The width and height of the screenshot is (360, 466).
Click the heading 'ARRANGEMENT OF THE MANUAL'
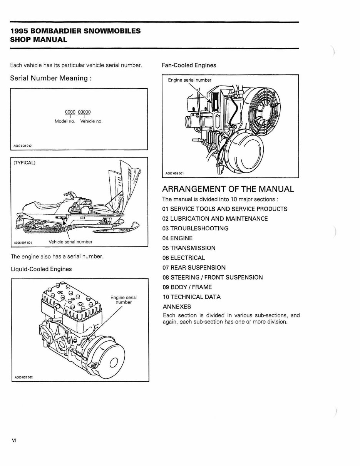pos(228,189)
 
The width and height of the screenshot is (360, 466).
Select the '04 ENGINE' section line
pos(177,238)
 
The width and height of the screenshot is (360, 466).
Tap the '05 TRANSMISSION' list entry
pos(189,248)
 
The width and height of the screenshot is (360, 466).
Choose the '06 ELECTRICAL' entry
pos(184,258)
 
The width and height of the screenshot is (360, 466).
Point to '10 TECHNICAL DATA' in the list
pos(191,297)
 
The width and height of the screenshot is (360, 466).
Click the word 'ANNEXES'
pos(177,307)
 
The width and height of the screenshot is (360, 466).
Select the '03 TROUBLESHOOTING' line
pos(195,228)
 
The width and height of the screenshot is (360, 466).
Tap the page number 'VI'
pos(14,440)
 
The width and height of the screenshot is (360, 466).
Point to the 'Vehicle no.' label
pos(91,121)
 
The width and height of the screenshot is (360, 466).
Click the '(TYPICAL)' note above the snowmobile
pos(25,163)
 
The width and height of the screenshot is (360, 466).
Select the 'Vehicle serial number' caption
pos(70,242)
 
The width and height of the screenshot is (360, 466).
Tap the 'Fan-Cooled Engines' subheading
pos(189,65)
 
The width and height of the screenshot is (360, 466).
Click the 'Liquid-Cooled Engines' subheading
pos(41,269)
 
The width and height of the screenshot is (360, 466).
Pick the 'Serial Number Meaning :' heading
pos(51,78)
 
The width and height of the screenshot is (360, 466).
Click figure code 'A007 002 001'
pos(174,173)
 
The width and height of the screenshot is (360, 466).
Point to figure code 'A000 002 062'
pos(23,377)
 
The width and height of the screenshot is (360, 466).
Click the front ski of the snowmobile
pos(116,230)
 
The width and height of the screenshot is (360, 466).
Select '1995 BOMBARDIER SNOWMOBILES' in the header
pos(75,31)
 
